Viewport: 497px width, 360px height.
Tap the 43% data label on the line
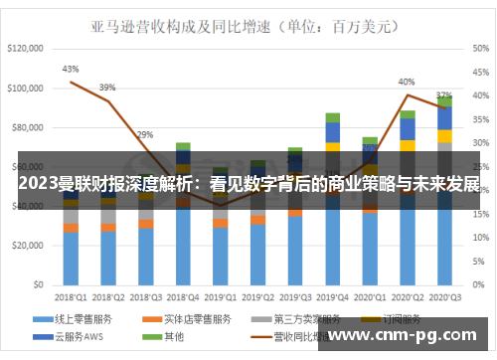point(71,69)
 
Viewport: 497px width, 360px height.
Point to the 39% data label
point(107,87)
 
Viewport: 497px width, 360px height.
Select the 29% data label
point(145,133)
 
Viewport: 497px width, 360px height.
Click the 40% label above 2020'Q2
point(407,82)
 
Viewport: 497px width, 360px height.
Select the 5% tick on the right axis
point(474,263)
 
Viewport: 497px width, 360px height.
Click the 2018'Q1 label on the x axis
point(70,297)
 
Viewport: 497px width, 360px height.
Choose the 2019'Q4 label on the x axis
point(332,297)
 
